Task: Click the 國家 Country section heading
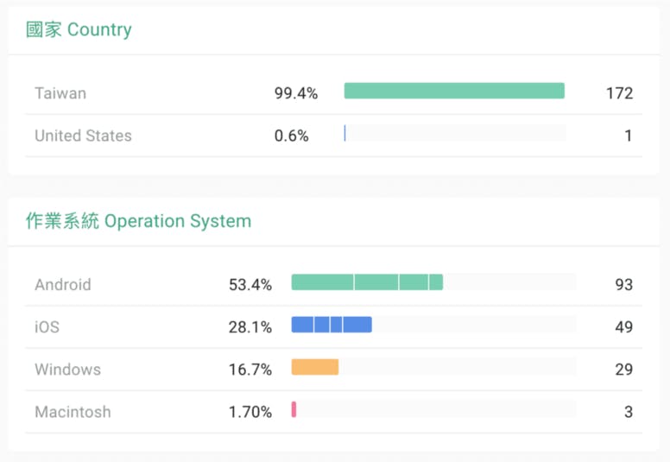coord(79,29)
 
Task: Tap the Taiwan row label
coord(60,93)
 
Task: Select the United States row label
coord(83,136)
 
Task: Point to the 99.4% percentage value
coord(296,93)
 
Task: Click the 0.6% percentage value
coord(292,136)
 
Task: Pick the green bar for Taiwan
coord(454,91)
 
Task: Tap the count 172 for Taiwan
coord(619,93)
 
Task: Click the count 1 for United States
coord(629,136)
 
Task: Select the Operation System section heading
coord(138,221)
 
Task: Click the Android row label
coord(62,285)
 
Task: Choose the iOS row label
coord(47,327)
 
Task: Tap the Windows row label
coord(67,370)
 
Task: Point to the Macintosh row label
coord(73,412)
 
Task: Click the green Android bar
coord(367,282)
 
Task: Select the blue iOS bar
coord(332,325)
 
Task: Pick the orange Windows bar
coord(315,367)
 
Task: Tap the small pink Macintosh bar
coord(294,409)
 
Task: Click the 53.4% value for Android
coord(250,285)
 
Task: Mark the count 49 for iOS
coord(623,327)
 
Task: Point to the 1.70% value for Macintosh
coord(250,412)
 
